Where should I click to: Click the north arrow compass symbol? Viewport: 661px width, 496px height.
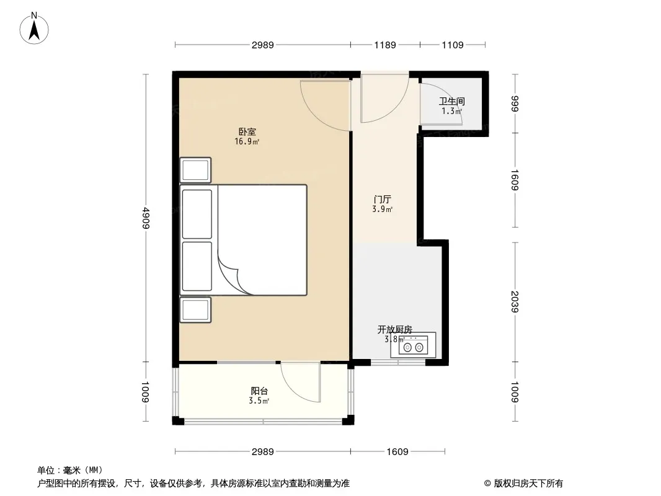[x=34, y=29]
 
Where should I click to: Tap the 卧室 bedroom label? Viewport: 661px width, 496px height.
[x=247, y=132]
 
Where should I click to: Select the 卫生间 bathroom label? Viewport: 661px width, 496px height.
[x=451, y=102]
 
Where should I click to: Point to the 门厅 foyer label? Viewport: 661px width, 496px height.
[x=383, y=200]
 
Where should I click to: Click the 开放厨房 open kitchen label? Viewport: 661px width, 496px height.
[x=394, y=330]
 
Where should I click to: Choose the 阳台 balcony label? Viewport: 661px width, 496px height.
[x=259, y=391]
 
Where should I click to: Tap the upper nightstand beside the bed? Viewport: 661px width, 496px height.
[x=195, y=170]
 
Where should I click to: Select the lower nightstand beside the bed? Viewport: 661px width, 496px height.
[x=195, y=310]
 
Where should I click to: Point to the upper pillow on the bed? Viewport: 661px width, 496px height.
[x=197, y=214]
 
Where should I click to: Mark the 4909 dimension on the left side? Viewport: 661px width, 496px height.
[x=146, y=218]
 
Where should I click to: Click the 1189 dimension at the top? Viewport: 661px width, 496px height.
[x=385, y=45]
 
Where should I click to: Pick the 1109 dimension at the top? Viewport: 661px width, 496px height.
[x=452, y=45]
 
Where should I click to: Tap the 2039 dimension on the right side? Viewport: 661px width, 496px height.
[x=514, y=302]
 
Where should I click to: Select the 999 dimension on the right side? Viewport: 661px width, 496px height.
[x=514, y=104]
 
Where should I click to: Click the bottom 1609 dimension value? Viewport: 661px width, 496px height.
[x=397, y=452]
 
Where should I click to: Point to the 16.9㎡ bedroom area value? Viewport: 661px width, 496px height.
[x=247, y=141]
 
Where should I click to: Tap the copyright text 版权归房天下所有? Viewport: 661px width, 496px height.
[x=528, y=484]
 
